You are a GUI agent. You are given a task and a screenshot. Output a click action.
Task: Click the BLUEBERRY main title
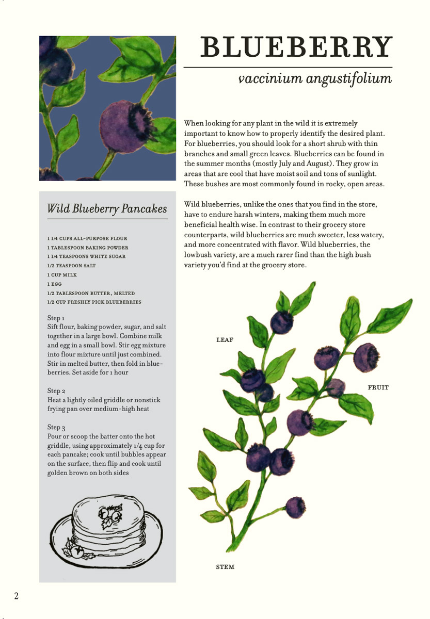pos(296,47)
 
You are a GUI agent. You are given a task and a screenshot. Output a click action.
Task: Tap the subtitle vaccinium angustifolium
pos(314,79)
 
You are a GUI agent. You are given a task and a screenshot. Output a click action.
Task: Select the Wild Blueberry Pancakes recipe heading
pos(107,208)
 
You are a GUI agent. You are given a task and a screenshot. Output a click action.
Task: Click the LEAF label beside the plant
pos(225,340)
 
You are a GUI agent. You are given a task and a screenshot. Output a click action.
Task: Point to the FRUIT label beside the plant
pos(378,387)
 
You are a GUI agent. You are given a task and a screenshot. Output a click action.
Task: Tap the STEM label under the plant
pos(225,567)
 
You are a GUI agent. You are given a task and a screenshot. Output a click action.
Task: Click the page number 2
pos(17,596)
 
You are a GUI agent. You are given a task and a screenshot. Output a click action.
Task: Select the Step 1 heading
pos(56,318)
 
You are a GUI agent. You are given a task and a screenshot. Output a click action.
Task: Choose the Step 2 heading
pos(56,391)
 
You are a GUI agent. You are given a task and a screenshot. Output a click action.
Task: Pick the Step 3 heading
pos(56,427)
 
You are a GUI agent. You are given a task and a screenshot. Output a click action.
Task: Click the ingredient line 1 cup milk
pos(62,275)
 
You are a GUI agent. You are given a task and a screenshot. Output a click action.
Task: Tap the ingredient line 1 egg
pos(55,284)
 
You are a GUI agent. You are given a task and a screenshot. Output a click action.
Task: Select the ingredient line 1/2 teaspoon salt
pos(71,266)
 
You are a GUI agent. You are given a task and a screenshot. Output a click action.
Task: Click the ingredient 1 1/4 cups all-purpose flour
pos(87,238)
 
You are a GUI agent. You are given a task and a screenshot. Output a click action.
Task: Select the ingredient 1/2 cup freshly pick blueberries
pos(94,302)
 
